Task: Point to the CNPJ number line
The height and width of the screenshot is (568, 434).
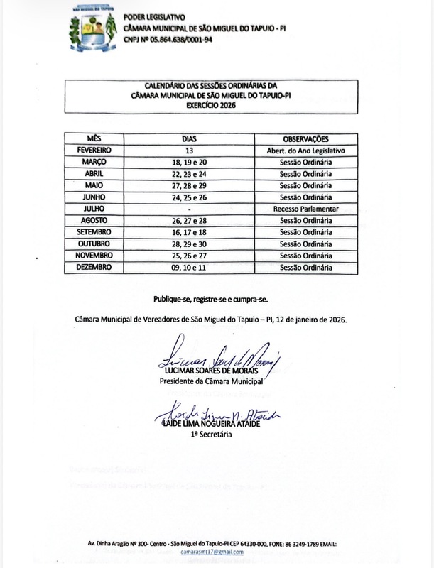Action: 168,40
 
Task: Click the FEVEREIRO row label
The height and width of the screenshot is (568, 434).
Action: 94,151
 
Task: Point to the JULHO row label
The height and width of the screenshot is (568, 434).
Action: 94,209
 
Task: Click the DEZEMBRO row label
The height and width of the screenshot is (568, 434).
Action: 94,267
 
